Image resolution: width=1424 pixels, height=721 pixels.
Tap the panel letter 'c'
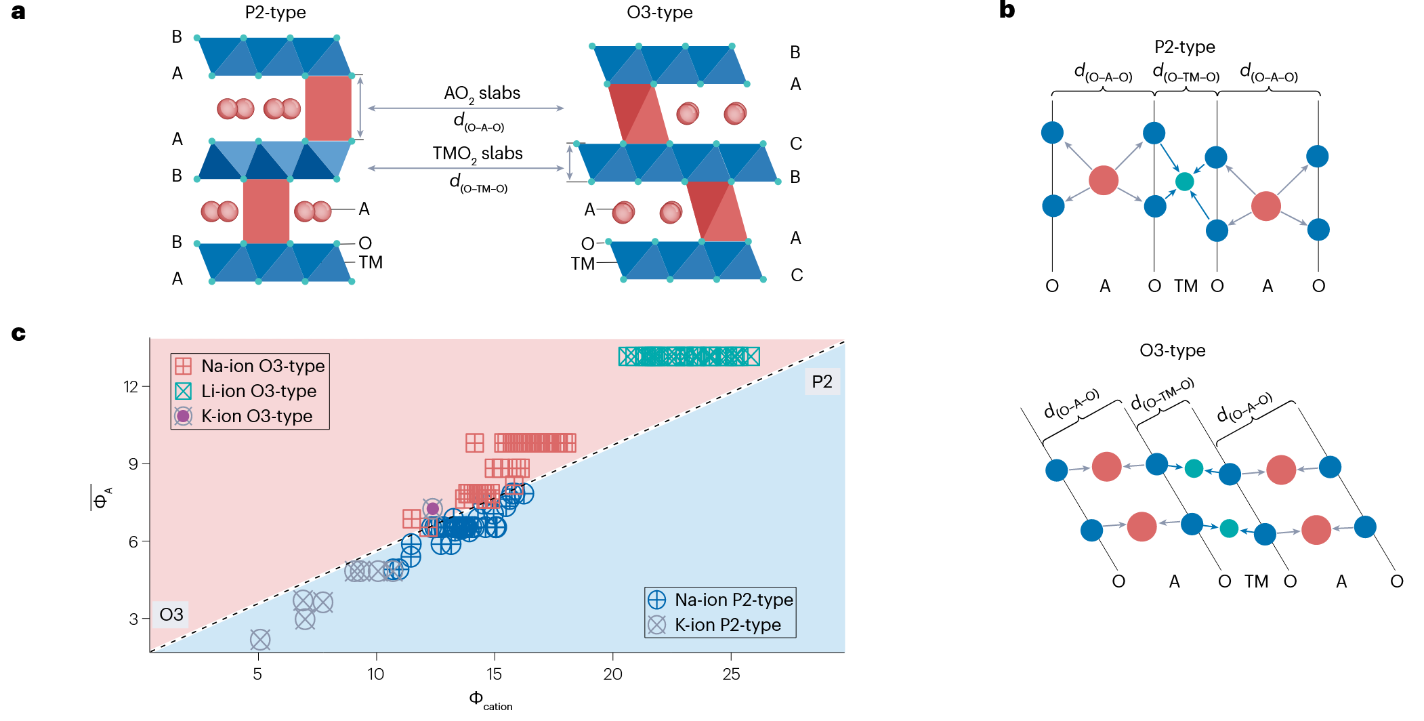[18, 333]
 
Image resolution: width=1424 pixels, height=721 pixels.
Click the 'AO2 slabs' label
[482, 94]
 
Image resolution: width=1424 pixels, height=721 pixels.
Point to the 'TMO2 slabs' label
[478, 154]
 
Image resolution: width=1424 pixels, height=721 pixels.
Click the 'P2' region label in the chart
[822, 382]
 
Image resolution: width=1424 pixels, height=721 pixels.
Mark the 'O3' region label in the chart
[171, 615]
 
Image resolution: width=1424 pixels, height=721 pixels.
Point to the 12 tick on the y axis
[131, 387]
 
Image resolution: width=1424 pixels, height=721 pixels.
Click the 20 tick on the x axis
[612, 674]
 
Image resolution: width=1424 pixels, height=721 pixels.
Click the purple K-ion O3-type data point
[432, 508]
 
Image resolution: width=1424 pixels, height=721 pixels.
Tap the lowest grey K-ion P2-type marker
[260, 639]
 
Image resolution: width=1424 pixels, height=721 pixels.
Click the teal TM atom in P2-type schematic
[1184, 182]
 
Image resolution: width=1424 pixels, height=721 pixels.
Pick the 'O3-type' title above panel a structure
[659, 12]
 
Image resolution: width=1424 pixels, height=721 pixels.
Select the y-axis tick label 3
[133, 619]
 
